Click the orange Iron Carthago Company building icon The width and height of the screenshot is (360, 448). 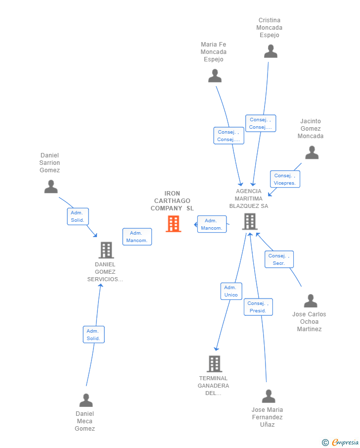click(x=173, y=224)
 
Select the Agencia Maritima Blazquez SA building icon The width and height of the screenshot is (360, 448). click(x=250, y=221)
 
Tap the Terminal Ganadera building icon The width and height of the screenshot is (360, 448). click(x=214, y=364)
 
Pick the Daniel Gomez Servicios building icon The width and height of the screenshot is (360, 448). click(x=106, y=250)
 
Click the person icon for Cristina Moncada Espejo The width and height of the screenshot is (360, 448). click(x=270, y=51)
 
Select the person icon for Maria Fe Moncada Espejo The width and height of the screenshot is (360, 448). click(x=215, y=76)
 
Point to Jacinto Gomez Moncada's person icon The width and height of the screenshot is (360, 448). click(x=312, y=152)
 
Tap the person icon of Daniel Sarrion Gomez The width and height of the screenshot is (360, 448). click(x=51, y=187)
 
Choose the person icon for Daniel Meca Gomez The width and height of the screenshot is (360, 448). click(x=86, y=400)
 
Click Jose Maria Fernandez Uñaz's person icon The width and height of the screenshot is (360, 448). click(x=269, y=396)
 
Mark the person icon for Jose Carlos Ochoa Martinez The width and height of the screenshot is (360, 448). click(x=310, y=301)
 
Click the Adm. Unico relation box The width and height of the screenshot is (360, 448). click(x=231, y=291)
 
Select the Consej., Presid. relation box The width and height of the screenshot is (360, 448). click(x=258, y=307)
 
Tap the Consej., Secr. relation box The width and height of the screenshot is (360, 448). click(x=279, y=259)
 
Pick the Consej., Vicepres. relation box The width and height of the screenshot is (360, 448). click(x=285, y=179)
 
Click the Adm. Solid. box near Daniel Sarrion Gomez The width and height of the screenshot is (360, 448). click(x=78, y=216)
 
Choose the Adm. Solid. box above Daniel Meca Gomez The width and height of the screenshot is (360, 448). click(x=93, y=335)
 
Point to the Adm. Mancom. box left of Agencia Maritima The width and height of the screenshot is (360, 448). click(x=212, y=224)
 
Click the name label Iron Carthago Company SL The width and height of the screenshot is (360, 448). click(x=173, y=201)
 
